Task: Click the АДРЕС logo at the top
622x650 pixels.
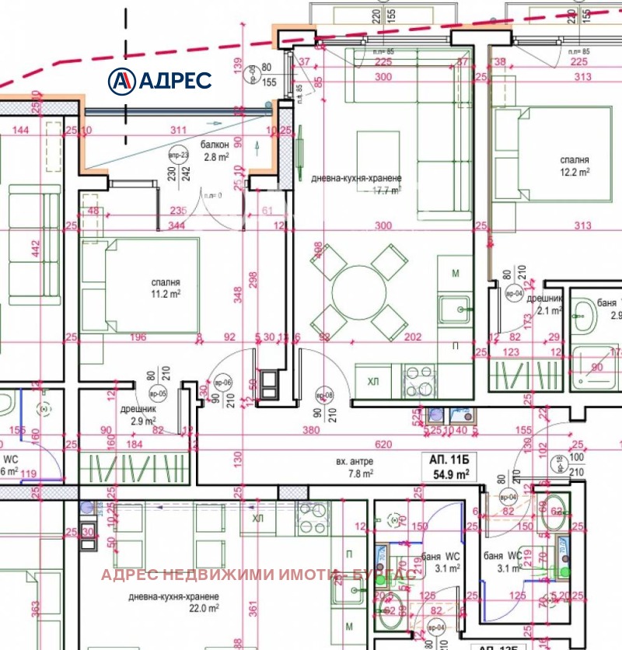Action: (159, 79)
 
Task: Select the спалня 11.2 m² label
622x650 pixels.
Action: (166, 288)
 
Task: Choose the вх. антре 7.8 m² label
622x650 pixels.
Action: (355, 467)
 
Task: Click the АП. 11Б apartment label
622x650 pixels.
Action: (445, 459)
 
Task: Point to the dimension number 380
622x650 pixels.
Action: (311, 430)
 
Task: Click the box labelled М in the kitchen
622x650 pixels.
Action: (456, 274)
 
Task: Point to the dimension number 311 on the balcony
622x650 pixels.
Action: (179, 130)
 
